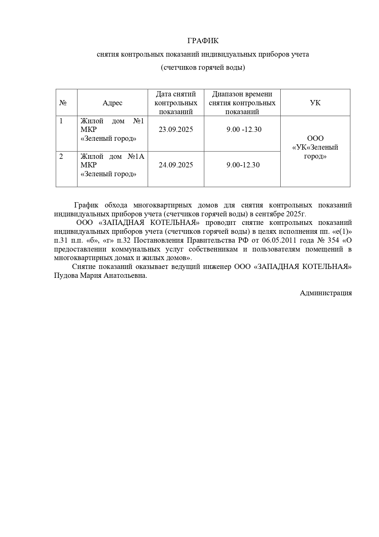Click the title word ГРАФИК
click(203, 41)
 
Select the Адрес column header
click(112, 103)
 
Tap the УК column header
click(315, 103)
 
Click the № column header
click(63, 103)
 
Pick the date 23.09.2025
click(176, 129)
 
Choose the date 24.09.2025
click(176, 165)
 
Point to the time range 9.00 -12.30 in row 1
click(244, 129)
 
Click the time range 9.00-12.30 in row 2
click(243, 165)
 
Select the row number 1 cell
click(61, 121)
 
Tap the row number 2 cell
click(61, 157)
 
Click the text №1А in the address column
click(136, 157)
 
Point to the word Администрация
click(326, 293)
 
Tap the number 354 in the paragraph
click(333, 240)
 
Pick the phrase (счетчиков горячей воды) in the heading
click(203, 67)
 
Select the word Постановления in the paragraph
click(162, 240)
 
